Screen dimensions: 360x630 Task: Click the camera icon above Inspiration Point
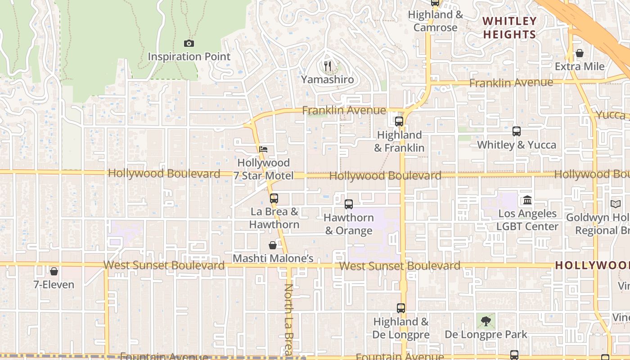[x=189, y=44]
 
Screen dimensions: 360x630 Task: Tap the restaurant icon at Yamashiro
[x=328, y=67]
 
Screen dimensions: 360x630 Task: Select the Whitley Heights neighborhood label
[x=510, y=27]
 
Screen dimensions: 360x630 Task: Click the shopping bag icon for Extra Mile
[x=580, y=53]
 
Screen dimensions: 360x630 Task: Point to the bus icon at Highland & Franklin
[x=399, y=121]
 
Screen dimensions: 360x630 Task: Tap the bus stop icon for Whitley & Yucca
[x=517, y=131]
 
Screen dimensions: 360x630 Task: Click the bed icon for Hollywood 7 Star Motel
[x=263, y=149]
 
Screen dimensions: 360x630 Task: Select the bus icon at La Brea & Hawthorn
[x=274, y=198]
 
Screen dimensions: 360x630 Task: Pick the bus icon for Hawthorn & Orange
[x=348, y=204]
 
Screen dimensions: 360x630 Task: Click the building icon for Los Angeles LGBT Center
[x=527, y=200]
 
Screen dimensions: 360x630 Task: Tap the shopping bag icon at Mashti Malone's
[x=273, y=245]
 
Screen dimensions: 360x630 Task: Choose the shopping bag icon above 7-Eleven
[x=54, y=271]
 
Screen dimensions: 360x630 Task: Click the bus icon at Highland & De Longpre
[x=401, y=308]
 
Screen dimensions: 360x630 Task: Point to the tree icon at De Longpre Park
[x=486, y=321]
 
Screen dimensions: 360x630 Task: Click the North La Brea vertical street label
[x=288, y=319]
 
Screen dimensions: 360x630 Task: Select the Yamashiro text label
[x=327, y=80]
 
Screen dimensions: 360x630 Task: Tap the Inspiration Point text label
[x=189, y=57]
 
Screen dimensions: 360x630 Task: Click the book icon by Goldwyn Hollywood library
[x=616, y=204]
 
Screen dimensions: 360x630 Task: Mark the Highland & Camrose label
[x=435, y=21]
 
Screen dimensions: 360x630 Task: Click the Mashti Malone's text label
[x=273, y=259]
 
